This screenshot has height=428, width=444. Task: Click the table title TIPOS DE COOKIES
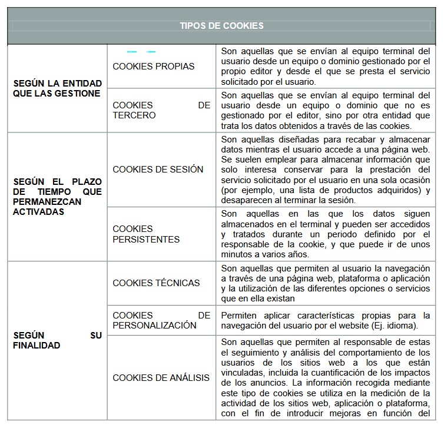(x=221, y=26)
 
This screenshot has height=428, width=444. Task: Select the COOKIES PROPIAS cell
(x=153, y=67)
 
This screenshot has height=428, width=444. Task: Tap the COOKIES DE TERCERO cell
(x=161, y=110)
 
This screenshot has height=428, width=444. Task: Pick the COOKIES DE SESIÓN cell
(x=158, y=170)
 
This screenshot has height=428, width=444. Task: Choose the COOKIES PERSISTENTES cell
(x=146, y=234)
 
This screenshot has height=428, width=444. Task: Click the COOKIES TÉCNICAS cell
(x=156, y=283)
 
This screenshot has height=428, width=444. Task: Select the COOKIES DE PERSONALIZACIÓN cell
(x=161, y=320)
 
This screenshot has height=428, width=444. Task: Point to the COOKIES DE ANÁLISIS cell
(x=161, y=377)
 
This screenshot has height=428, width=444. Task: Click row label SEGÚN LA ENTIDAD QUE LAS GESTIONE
(x=57, y=88)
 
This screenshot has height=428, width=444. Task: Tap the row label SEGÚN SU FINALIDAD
(x=57, y=340)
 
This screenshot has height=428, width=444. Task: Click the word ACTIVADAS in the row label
(x=38, y=211)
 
